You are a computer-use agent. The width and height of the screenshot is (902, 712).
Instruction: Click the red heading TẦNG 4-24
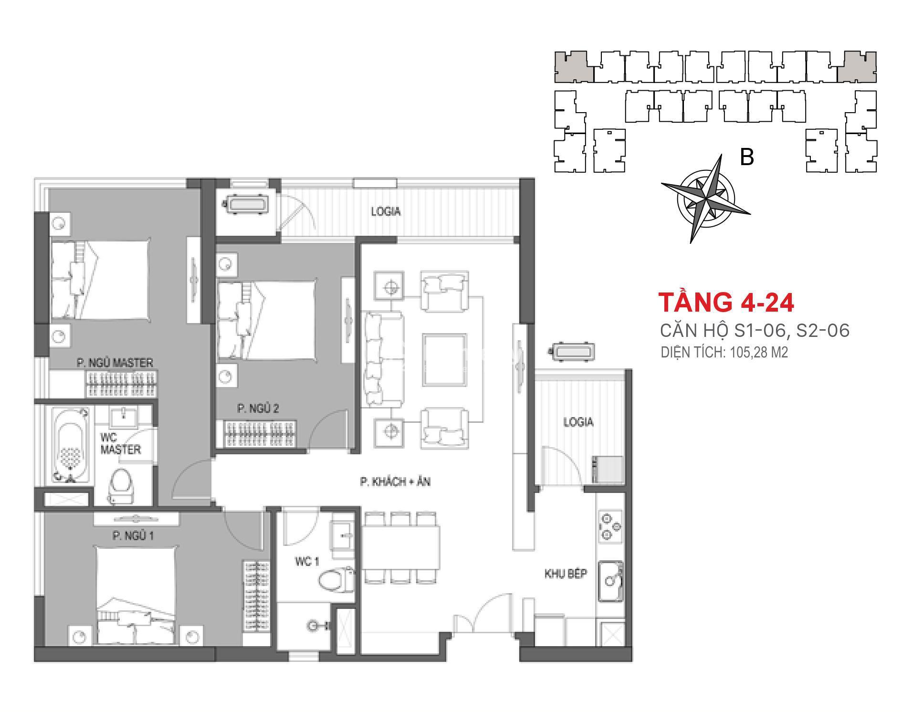726,302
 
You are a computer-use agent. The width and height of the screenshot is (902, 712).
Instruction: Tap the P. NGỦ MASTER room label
115,363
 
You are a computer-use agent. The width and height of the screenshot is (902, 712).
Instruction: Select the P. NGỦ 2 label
258,408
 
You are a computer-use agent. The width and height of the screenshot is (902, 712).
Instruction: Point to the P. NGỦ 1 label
133,536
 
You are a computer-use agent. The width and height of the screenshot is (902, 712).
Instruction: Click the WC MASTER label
121,443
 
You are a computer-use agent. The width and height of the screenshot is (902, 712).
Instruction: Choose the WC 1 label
307,562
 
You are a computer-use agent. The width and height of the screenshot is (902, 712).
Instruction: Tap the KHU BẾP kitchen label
566,574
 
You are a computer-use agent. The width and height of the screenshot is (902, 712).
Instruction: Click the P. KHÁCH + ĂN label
395,482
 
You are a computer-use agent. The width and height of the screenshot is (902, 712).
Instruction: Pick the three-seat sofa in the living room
383,359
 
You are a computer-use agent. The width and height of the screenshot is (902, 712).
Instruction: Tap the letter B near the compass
747,157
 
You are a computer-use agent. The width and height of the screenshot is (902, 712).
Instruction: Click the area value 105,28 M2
759,353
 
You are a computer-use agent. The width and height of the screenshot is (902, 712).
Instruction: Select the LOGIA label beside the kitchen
578,422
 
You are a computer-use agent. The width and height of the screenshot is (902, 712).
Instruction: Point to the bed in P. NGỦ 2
266,319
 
